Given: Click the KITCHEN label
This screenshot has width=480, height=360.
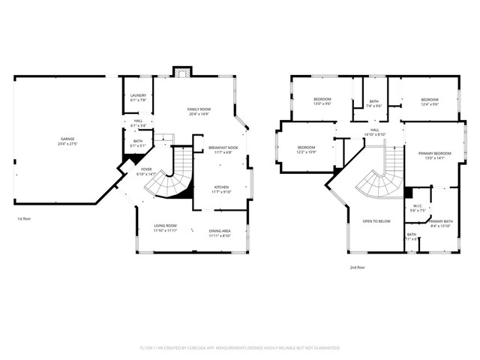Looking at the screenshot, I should click(x=221, y=189).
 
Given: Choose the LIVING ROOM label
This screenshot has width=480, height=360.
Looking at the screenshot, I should click(x=165, y=227).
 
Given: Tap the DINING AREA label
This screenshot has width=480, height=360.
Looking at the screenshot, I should click(x=220, y=232).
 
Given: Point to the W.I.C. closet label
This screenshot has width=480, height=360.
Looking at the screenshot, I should click(x=418, y=209).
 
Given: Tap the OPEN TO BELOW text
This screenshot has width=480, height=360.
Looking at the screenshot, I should click(x=376, y=221).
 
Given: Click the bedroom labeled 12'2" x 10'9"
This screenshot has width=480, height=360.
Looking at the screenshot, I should click(x=307, y=148).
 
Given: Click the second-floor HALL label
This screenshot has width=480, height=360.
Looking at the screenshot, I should click(x=376, y=132).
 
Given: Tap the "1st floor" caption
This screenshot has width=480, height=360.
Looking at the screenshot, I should click(x=24, y=218).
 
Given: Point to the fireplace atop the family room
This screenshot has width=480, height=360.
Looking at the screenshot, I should click(x=181, y=73).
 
